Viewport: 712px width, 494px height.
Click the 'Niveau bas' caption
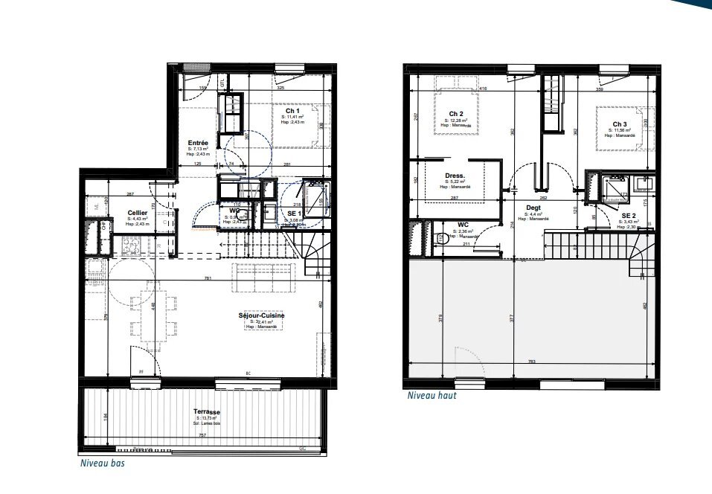click(x=103, y=463)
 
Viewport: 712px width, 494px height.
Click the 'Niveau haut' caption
click(x=432, y=396)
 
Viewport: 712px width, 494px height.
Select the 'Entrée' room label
click(x=198, y=142)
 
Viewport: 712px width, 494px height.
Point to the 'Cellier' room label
click(x=137, y=212)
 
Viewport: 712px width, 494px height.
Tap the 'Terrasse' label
click(x=208, y=411)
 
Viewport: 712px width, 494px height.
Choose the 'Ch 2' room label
click(x=457, y=114)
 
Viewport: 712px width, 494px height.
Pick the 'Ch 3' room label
click(x=620, y=124)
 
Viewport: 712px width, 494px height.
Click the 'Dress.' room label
click(x=455, y=176)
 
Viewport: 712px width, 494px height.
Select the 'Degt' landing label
click(x=533, y=208)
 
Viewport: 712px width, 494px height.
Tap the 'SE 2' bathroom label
click(x=629, y=216)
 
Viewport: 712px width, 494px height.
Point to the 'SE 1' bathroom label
click(x=294, y=213)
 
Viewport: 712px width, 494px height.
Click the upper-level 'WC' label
click(x=462, y=223)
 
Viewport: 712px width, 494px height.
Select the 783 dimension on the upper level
click(x=531, y=362)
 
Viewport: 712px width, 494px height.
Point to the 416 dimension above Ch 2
click(x=483, y=89)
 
